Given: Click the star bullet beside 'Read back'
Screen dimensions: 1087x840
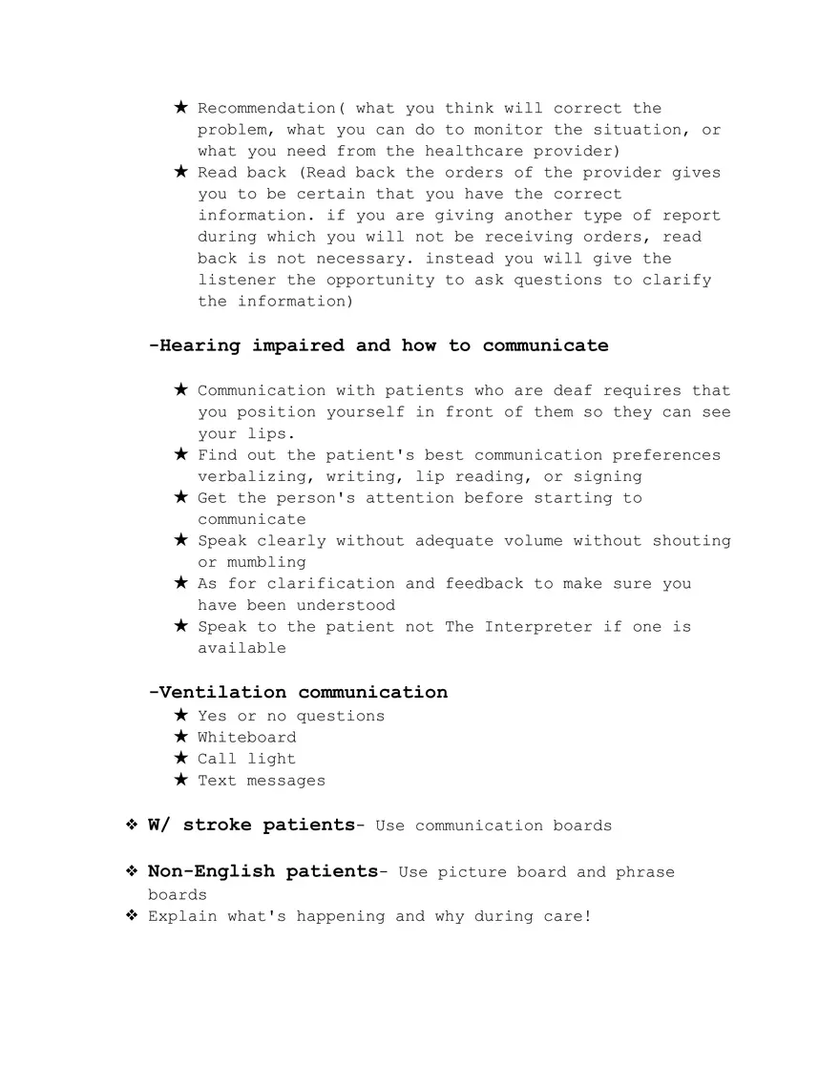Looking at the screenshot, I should (180, 172).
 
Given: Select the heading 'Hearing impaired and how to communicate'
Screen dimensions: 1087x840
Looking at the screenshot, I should (378, 345).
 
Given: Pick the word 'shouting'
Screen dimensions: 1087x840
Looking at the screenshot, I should (691, 541).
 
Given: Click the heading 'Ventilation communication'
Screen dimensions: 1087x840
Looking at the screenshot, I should (298, 692).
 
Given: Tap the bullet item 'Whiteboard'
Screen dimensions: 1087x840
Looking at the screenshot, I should (246, 738).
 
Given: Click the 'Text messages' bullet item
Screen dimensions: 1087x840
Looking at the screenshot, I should (261, 781).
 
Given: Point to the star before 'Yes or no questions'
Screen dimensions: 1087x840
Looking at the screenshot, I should (180, 715).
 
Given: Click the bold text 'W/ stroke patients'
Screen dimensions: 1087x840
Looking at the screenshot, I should (251, 825).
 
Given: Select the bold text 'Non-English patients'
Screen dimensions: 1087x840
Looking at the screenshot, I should (262, 871).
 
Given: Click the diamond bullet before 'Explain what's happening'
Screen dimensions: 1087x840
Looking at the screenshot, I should (132, 916).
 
